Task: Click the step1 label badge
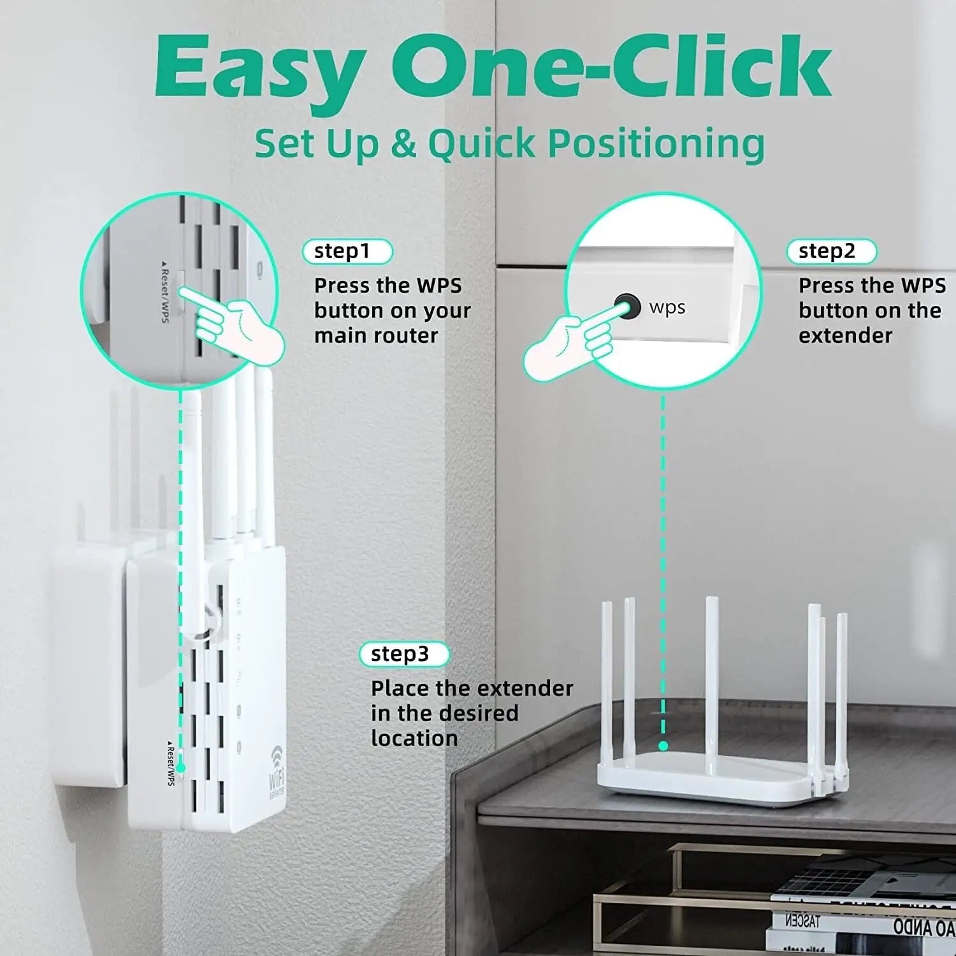[x=347, y=251]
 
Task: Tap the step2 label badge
[x=831, y=251]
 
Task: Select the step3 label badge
[x=404, y=654]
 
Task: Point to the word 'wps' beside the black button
[x=667, y=307]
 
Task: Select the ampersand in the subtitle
[x=402, y=143]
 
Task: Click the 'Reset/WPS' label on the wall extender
[x=170, y=763]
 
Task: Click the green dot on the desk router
[x=663, y=746]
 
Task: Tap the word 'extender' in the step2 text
[x=845, y=336]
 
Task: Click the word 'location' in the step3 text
[x=414, y=738]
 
